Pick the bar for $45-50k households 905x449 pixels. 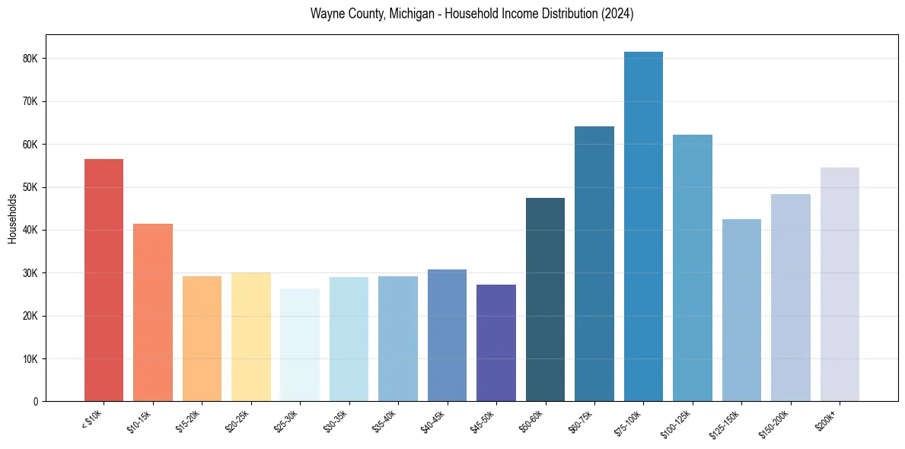point(496,343)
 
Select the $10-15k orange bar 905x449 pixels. point(153,313)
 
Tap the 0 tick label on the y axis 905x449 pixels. point(36,402)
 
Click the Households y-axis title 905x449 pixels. point(12,218)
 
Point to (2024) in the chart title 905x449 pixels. point(618,14)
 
